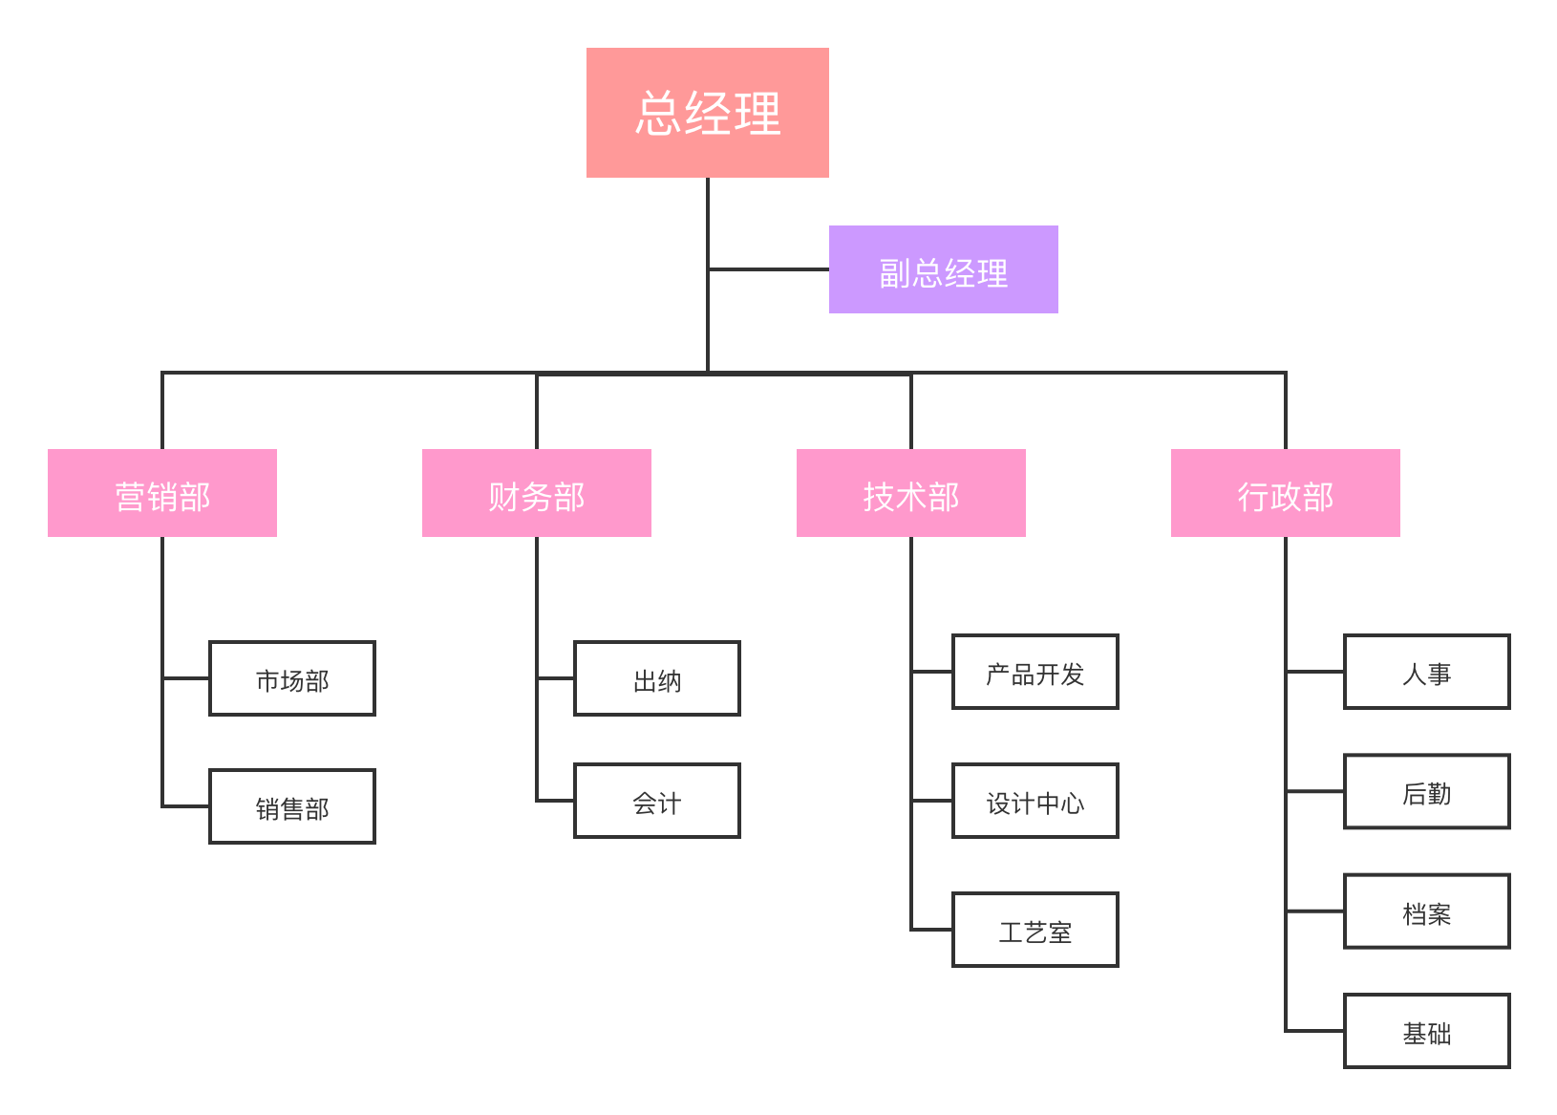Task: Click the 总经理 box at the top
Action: click(x=708, y=113)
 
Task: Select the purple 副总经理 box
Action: click(x=943, y=269)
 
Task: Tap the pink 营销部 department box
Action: click(x=162, y=493)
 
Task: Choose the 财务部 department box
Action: click(x=537, y=493)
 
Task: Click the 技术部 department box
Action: click(x=911, y=493)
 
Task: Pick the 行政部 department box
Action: click(x=1285, y=493)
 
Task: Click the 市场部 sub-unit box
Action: click(x=292, y=678)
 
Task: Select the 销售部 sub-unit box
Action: click(x=292, y=806)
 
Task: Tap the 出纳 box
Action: click(x=657, y=678)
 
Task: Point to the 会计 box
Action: click(x=657, y=801)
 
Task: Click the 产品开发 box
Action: click(x=1035, y=672)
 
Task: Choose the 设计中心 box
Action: click(x=1035, y=801)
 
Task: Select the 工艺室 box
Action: click(x=1035, y=930)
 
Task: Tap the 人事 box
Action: click(x=1427, y=672)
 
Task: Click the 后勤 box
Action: click(x=1427, y=791)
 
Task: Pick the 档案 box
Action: click(x=1427, y=911)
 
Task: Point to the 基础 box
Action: click(x=1427, y=1031)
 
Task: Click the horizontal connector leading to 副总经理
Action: click(x=769, y=269)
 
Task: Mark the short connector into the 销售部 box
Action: click(x=185, y=806)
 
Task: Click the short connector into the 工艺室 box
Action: click(x=932, y=930)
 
